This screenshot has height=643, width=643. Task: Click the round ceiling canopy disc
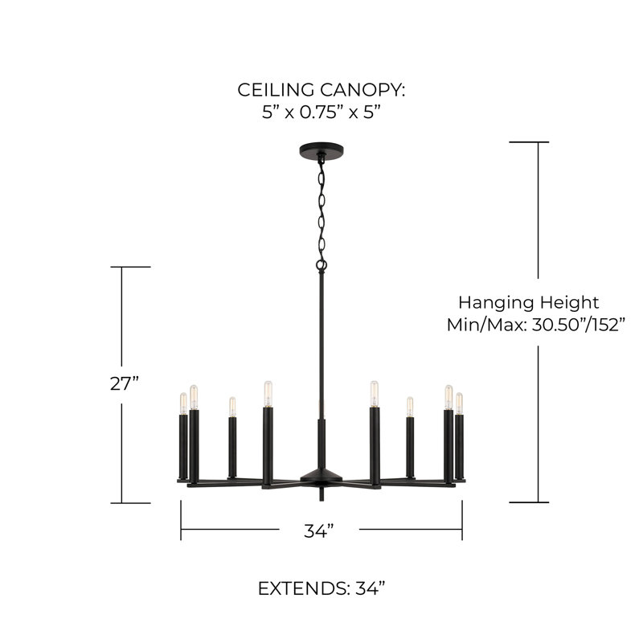coord(321,149)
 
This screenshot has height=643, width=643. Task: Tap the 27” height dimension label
coord(125,384)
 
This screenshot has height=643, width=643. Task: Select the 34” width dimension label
coord(319,531)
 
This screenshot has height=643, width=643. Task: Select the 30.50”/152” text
coord(579,326)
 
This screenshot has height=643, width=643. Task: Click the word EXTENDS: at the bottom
coord(304,589)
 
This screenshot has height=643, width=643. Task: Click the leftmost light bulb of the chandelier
coord(183,403)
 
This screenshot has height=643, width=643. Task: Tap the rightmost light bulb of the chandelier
coord(459,403)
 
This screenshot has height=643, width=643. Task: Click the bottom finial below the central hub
coord(321,494)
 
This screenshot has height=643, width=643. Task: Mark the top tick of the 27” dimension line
coord(130,267)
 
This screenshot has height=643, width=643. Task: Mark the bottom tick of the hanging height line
coord(529,502)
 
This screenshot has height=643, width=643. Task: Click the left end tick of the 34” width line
coord(181,520)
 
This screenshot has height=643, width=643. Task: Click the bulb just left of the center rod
coord(268,394)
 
